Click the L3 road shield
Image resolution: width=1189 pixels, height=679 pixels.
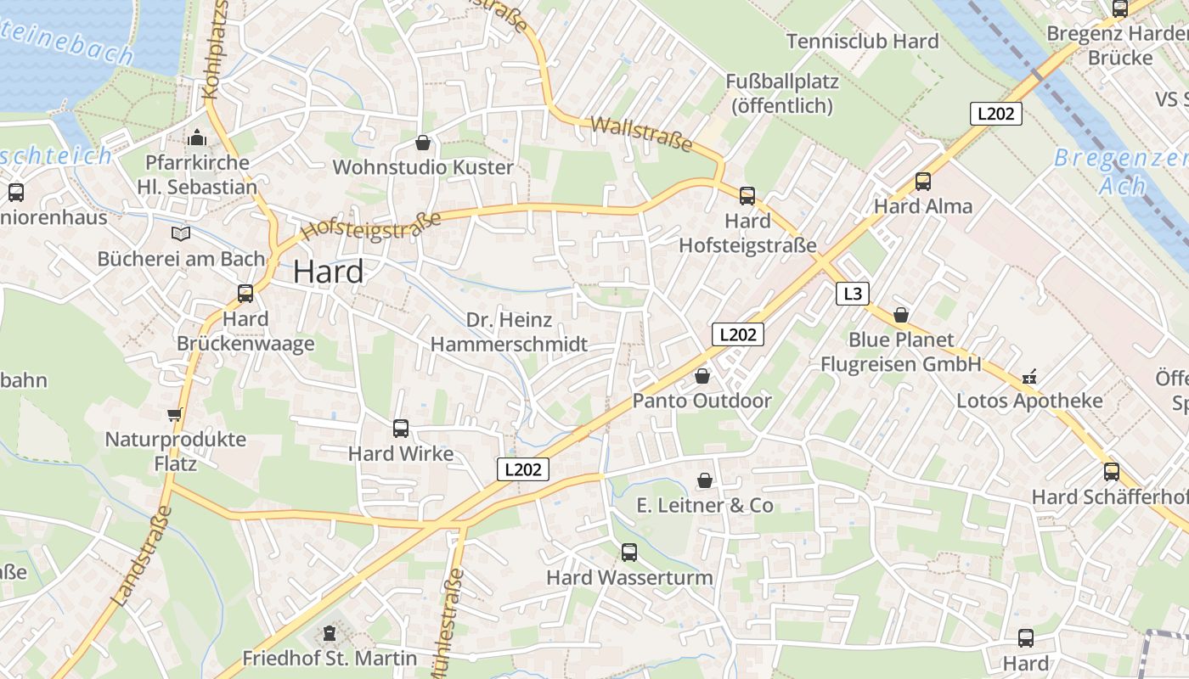point(853,294)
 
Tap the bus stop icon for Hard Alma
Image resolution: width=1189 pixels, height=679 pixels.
point(923,181)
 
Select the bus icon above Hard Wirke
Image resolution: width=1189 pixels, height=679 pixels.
point(401,429)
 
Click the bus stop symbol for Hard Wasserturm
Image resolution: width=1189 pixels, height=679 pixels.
point(629,553)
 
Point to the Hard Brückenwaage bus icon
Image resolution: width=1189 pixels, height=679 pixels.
point(245,294)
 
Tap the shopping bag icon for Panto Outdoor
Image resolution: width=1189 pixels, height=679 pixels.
point(702,375)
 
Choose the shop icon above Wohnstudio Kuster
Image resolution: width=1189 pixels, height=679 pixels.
point(423,142)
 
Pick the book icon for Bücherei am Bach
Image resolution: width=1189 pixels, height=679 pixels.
point(181,233)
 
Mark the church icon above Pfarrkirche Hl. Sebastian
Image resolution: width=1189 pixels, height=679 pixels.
point(197,137)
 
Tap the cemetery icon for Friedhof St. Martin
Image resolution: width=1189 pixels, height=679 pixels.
point(330,632)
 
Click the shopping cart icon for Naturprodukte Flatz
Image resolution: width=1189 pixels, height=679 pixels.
point(175,414)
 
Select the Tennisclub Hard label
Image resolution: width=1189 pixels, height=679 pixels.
point(862,41)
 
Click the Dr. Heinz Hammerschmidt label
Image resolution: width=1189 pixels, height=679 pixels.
point(509,332)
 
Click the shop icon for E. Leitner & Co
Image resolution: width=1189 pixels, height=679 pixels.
point(704,480)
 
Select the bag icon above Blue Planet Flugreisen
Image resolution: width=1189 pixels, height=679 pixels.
point(901,315)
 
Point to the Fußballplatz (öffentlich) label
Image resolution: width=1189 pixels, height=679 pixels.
point(781,93)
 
